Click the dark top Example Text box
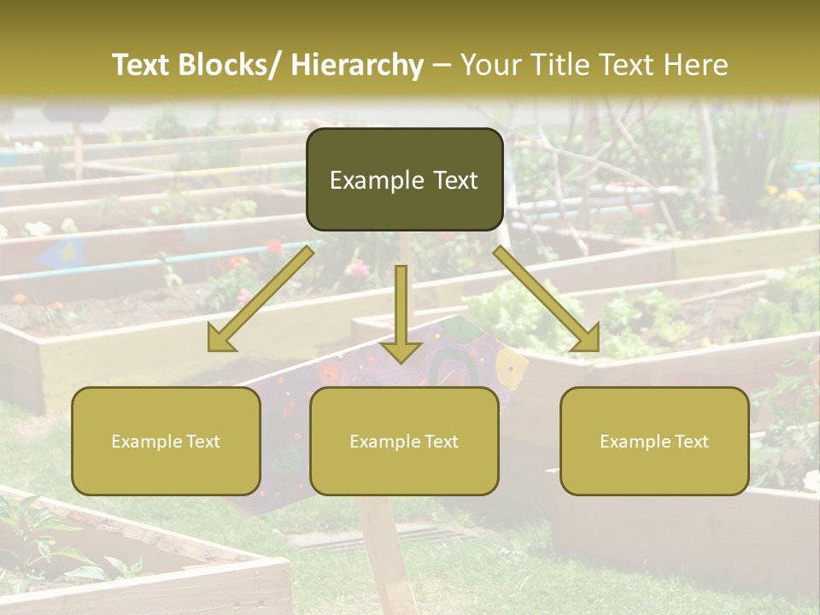point(404,179)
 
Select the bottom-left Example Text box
point(166,441)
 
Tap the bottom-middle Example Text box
point(404,441)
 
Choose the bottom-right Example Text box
point(654,441)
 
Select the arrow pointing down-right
point(547,299)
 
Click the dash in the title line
point(442,65)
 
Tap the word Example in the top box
point(372,180)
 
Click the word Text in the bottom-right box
point(691,441)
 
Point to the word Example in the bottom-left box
point(147,441)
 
